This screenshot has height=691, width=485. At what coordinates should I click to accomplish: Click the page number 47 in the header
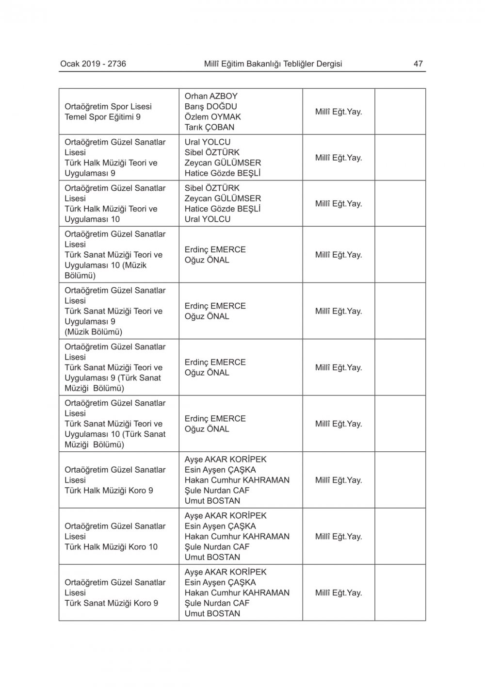[418, 64]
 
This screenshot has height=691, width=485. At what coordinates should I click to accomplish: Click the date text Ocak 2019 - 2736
[93, 64]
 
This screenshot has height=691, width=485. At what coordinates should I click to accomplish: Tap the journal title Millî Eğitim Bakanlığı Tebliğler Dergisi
[273, 64]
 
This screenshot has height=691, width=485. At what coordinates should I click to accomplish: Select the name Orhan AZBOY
[211, 96]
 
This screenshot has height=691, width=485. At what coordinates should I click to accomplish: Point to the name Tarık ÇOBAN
[209, 127]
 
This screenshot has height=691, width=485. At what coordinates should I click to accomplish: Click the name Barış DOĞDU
[210, 106]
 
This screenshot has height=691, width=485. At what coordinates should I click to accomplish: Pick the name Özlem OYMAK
[212, 117]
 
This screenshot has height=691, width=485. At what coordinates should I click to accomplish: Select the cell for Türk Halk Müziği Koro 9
[119, 480]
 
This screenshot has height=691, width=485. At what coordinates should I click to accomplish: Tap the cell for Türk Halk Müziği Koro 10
[119, 536]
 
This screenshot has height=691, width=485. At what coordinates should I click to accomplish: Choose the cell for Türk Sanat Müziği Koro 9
[119, 592]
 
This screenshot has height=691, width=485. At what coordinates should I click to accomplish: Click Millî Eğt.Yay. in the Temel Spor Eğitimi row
[339, 112]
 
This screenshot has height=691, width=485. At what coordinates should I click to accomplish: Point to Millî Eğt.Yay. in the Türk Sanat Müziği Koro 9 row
[339, 592]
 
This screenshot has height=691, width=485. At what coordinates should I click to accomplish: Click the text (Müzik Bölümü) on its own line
[93, 332]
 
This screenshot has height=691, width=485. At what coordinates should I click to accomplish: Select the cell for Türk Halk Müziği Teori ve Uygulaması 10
[119, 203]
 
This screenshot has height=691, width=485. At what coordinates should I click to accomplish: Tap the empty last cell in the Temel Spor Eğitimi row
[400, 112]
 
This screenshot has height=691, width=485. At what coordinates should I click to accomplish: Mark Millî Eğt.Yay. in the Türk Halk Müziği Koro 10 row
[339, 536]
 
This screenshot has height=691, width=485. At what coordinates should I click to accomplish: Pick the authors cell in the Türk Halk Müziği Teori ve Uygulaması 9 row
[241, 158]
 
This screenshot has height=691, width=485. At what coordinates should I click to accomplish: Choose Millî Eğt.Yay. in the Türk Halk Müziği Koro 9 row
[339, 480]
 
